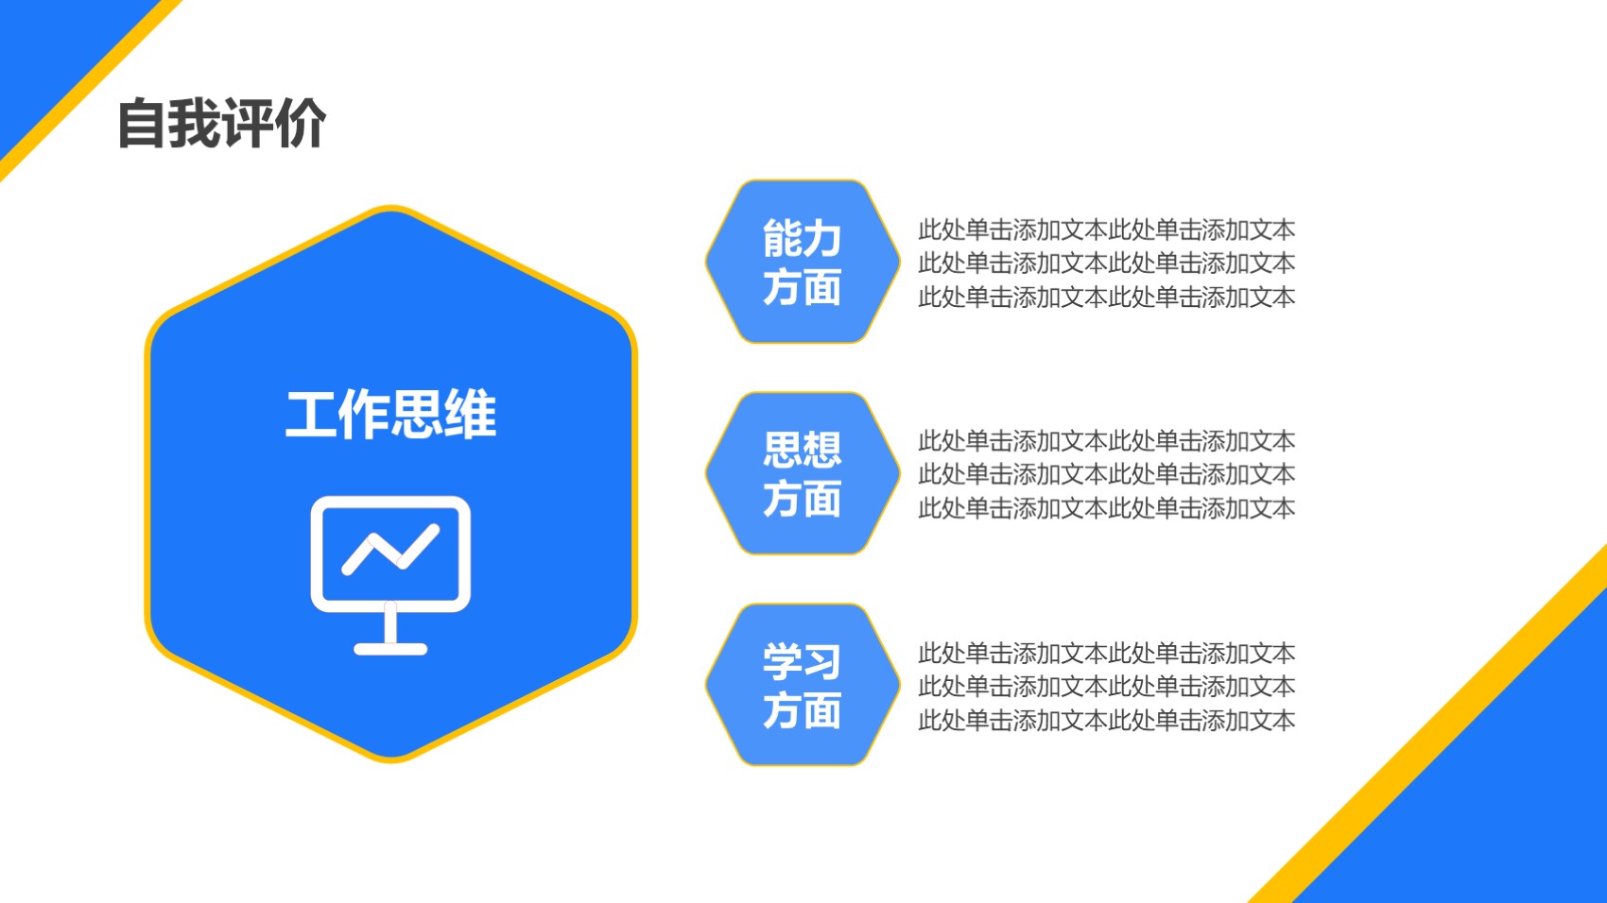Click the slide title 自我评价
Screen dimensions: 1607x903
(x=222, y=124)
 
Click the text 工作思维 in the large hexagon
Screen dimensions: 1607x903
(x=391, y=414)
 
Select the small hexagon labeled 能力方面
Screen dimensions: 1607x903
(x=802, y=262)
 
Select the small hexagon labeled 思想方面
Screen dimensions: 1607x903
(x=802, y=473)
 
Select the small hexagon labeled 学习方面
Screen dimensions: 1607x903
(x=802, y=685)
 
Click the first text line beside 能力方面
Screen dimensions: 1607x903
(x=1106, y=230)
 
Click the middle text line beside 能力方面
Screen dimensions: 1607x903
(x=1106, y=263)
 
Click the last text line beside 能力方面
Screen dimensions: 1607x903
(x=1106, y=297)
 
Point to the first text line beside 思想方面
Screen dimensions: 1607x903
(x=1106, y=441)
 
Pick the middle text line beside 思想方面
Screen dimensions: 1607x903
(x=1106, y=474)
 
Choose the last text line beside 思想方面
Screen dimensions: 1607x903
(x=1106, y=508)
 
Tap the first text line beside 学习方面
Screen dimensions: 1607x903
(x=1106, y=653)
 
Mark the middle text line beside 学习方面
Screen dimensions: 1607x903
(x=1106, y=687)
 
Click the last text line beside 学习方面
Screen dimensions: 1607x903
(x=1106, y=721)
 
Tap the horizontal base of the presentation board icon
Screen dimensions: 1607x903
(x=391, y=649)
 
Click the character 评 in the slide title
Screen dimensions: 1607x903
(x=249, y=124)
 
